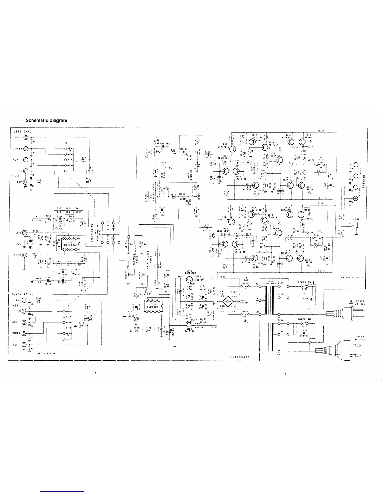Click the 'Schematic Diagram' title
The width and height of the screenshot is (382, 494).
46,120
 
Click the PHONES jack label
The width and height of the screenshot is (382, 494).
356,219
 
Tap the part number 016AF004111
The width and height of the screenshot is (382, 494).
240,357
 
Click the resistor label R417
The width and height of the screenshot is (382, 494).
83,158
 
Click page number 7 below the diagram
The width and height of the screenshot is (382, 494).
95,374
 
